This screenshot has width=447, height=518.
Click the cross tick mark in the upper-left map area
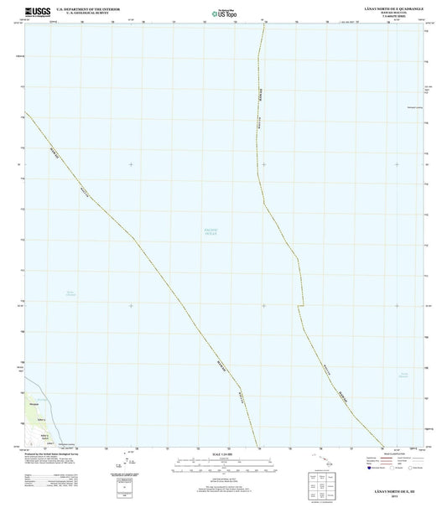pyautogui.click(x=131, y=164)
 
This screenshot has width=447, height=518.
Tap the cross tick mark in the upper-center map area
pyautogui.click(x=263, y=164)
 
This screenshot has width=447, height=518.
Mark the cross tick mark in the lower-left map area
pyautogui.click(x=131, y=306)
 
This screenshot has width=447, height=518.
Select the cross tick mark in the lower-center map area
pyautogui.click(x=263, y=306)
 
